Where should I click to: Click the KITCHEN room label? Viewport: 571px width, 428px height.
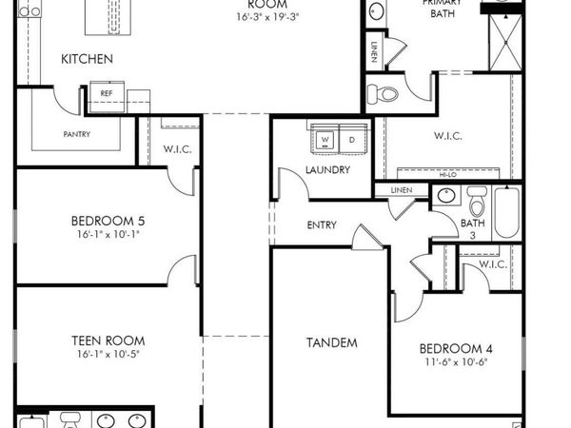tap(87, 59)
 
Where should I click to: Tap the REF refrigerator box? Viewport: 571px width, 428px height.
tap(107, 93)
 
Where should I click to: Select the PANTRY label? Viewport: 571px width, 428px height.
tap(76, 134)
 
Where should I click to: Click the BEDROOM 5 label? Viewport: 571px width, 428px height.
tap(110, 221)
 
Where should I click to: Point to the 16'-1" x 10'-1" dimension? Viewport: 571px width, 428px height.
tap(110, 234)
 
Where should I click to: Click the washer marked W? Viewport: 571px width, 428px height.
tap(325, 140)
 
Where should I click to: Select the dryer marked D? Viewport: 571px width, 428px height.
tap(350, 140)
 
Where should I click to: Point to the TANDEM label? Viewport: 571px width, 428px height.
tap(331, 342)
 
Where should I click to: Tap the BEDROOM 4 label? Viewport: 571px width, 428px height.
tap(457, 347)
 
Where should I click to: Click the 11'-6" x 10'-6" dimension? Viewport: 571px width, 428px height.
tap(457, 361)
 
